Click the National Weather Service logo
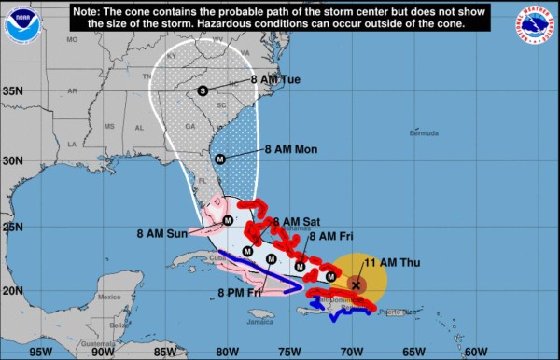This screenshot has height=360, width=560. (x=536, y=25)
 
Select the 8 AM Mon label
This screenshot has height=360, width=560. (x=292, y=148)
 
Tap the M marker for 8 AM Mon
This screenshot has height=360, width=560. (x=220, y=159)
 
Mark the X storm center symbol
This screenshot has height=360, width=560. (x=356, y=284)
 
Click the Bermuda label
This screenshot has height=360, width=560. (x=423, y=133)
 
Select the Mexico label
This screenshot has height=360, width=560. (x=110, y=298)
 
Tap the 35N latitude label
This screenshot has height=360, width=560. (x=13, y=91)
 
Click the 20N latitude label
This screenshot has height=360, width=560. (x=13, y=291)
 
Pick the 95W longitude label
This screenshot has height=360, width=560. (x=40, y=352)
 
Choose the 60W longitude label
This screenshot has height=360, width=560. (x=474, y=352)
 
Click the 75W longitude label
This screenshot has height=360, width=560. (x=288, y=352)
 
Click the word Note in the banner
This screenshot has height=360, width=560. (x=86, y=10)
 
